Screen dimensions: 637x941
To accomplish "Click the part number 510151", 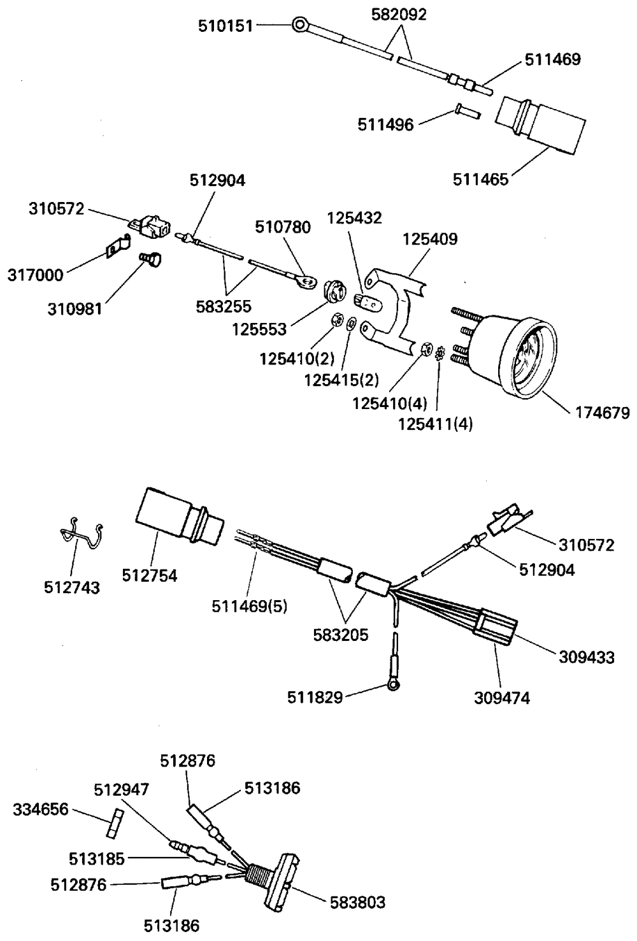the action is (225, 26).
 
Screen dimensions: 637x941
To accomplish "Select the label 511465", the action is (480, 180).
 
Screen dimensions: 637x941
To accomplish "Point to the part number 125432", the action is (354, 218).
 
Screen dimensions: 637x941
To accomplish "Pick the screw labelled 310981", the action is (151, 259).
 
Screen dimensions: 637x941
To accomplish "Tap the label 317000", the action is (35, 275).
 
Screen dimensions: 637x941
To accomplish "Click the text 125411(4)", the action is (436, 424).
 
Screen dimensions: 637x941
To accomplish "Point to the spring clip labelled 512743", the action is (82, 533).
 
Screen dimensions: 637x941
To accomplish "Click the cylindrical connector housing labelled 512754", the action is (179, 517).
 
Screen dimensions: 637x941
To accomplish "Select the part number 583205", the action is (341, 635).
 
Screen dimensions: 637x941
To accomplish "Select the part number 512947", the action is (122, 790).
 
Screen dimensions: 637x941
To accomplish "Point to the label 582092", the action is (399, 15).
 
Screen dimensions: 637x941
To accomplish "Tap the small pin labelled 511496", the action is (467, 111).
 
